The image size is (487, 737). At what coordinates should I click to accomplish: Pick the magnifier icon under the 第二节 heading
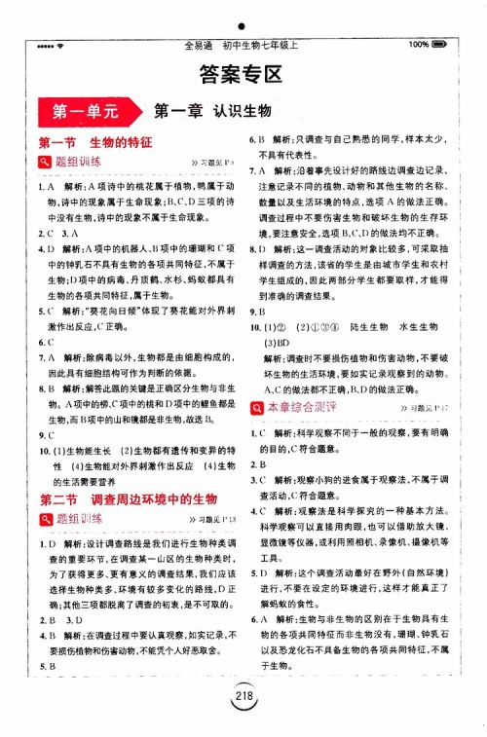tap(45, 519)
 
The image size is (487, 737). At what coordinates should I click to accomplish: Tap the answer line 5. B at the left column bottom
tap(46, 666)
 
